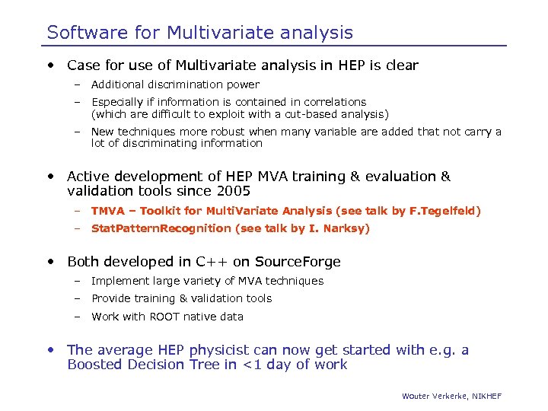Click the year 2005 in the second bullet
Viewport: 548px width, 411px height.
click(x=233, y=190)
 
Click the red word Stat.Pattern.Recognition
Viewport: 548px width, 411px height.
click(x=161, y=228)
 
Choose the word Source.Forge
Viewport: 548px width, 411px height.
click(x=298, y=262)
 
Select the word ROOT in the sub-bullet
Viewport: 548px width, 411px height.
click(x=164, y=317)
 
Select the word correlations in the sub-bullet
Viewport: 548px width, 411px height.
click(x=335, y=102)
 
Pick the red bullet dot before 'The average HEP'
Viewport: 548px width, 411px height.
click(x=50, y=351)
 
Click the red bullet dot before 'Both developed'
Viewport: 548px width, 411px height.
click(x=50, y=262)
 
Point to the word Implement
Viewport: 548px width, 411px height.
click(x=117, y=281)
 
